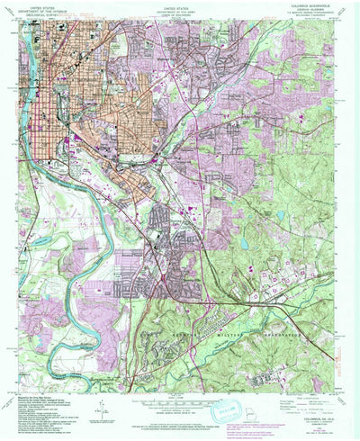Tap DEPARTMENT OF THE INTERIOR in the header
pos(36,7)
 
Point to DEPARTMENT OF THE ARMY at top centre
pos(180,7)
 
